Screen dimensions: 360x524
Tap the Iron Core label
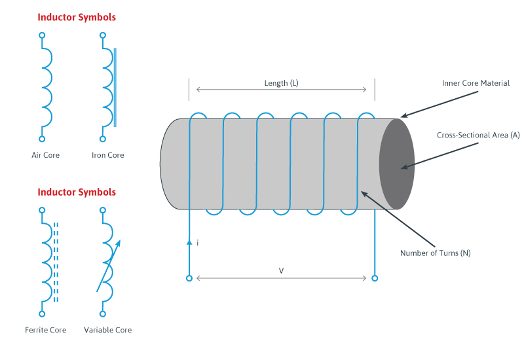click(x=108, y=155)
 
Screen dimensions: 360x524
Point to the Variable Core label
click(x=108, y=330)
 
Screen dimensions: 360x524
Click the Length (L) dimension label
click(x=282, y=83)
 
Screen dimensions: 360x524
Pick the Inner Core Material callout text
click(x=476, y=83)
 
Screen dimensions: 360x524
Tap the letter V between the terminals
click(x=282, y=270)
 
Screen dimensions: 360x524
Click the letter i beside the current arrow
click(x=197, y=243)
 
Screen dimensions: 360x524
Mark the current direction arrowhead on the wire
click(x=189, y=242)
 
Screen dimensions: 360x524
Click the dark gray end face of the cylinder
click(x=397, y=164)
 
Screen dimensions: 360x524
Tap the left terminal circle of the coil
click(x=189, y=278)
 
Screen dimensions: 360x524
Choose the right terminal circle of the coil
click(x=375, y=278)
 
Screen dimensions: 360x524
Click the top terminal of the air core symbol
click(x=42, y=35)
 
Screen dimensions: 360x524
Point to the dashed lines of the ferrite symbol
click(x=56, y=262)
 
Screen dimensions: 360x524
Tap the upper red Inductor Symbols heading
click(x=77, y=18)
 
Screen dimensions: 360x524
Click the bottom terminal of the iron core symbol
click(x=102, y=139)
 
